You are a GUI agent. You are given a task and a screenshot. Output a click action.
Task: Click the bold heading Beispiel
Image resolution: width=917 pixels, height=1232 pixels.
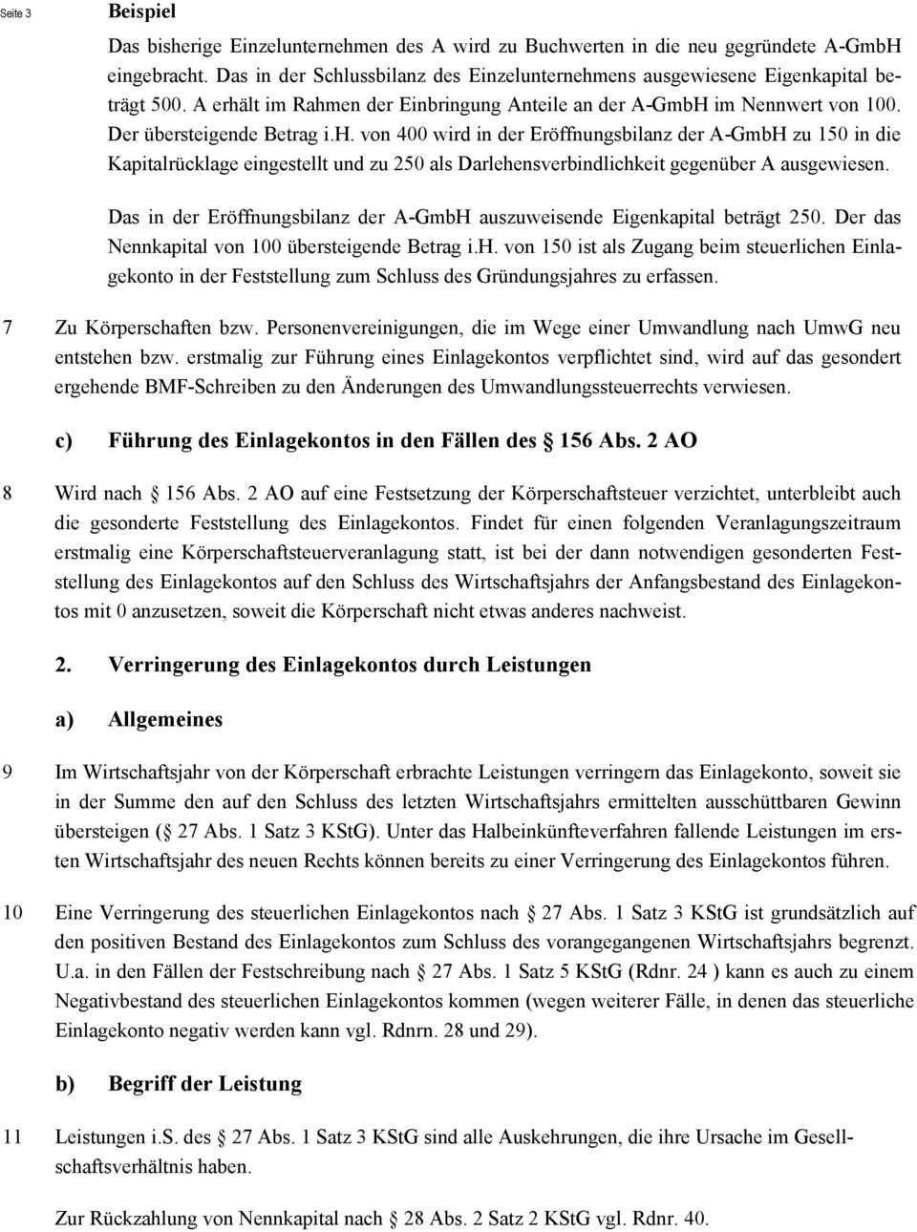click(x=142, y=12)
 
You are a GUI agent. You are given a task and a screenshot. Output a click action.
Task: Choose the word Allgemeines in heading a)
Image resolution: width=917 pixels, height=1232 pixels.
click(x=165, y=720)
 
